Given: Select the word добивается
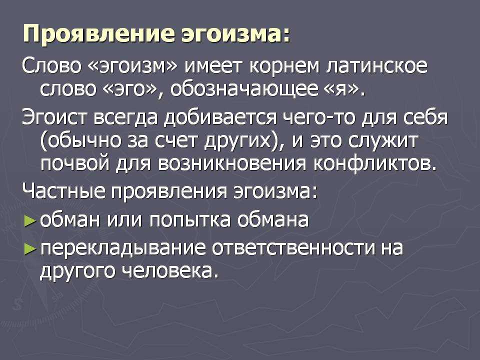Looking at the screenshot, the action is (x=220, y=117).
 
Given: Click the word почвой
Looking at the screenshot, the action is (x=74, y=164).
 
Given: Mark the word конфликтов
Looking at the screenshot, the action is (x=375, y=164).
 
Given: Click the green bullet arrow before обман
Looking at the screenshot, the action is (x=30, y=220).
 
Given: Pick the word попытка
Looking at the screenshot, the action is (x=190, y=220).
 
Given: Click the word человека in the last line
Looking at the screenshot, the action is (x=171, y=270).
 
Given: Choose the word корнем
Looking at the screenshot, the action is (x=284, y=66).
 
